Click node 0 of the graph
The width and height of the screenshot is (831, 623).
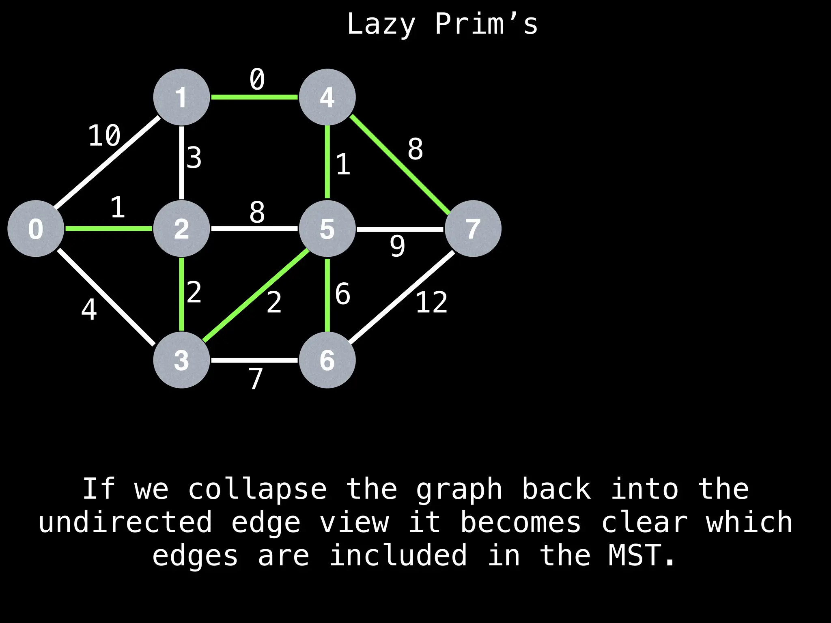click(36, 228)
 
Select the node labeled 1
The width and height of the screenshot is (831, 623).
click(181, 97)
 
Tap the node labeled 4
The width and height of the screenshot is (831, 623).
click(327, 97)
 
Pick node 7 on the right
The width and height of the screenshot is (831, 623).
click(473, 228)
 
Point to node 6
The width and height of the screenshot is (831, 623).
click(327, 360)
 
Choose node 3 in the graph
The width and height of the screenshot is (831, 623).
click(181, 360)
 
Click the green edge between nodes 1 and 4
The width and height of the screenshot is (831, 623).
click(254, 97)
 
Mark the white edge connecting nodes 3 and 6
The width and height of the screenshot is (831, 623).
click(254, 360)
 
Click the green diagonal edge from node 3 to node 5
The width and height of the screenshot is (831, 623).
click(256, 295)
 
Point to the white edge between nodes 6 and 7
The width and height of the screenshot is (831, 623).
click(402, 297)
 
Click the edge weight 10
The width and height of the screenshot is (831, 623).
click(104, 135)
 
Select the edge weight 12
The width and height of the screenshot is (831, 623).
click(431, 302)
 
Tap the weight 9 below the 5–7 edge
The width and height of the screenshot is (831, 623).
click(397, 246)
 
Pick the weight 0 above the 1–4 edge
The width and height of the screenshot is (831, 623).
click(257, 79)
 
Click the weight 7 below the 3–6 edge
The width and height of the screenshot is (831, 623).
click(256, 378)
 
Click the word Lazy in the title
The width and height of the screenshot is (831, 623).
click(381, 24)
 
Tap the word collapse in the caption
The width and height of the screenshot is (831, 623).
click(258, 489)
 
